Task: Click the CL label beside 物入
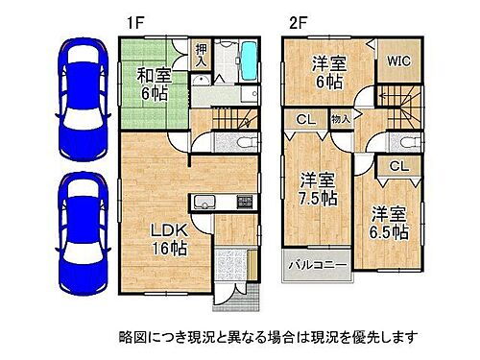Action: coord(303,121)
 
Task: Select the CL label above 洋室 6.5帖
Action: coord(396,166)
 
